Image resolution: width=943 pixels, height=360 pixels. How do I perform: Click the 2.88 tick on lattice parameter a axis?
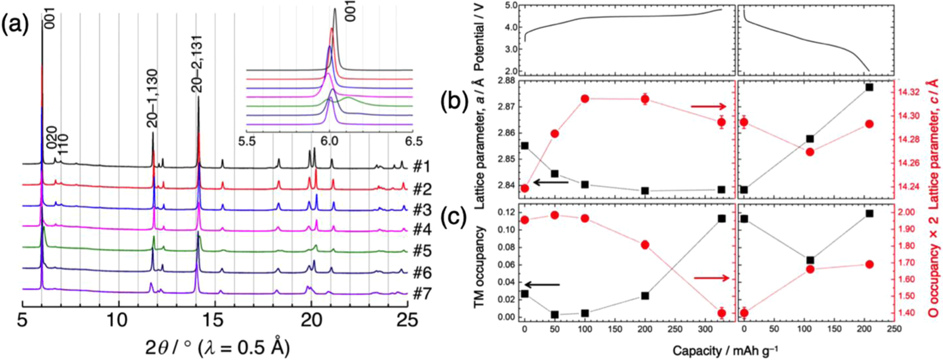[x=507, y=81]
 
